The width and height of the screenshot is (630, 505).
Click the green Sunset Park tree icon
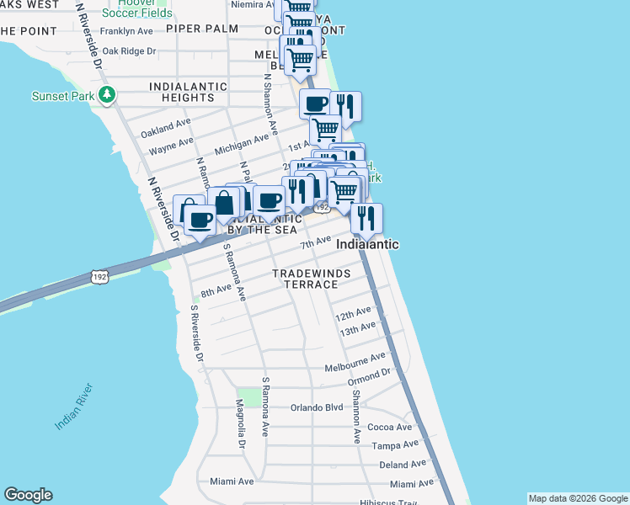coord(107,95)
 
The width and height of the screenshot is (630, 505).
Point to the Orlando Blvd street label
coord(317,407)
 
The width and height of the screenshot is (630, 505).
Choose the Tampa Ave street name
coord(395,444)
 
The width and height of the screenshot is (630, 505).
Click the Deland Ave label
coord(403,464)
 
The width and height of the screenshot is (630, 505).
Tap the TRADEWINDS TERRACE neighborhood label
coord(305,279)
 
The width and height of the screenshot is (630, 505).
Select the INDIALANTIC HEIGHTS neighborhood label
coord(188,92)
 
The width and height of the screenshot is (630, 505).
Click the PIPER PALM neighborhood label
coord(202,29)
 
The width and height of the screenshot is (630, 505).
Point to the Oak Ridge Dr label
coord(128,50)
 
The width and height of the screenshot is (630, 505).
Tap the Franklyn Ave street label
coord(126,31)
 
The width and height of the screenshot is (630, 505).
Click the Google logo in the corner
coord(28,496)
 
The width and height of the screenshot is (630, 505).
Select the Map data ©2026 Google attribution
coord(577,498)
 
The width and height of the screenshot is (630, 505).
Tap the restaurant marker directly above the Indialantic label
coord(366,218)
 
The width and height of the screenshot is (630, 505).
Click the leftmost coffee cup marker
coord(200,220)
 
